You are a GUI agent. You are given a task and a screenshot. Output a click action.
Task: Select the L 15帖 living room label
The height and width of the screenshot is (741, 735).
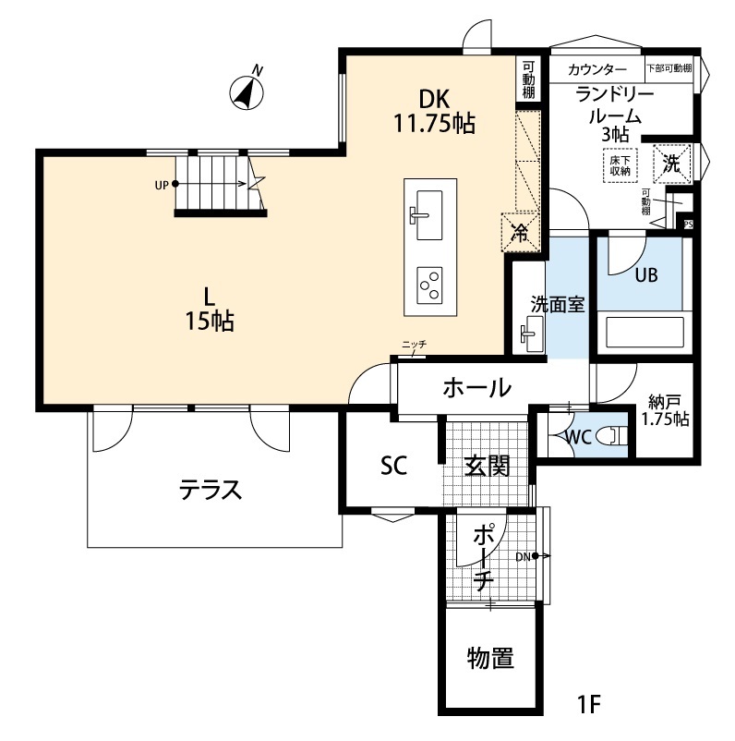point(210,309)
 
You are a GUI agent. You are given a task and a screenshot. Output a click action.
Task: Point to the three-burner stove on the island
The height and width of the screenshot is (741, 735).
point(428,285)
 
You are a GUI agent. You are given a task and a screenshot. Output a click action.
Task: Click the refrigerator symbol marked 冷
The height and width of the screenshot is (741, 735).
point(520,232)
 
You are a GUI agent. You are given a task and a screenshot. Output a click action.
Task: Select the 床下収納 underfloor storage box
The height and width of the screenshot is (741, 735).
point(619,164)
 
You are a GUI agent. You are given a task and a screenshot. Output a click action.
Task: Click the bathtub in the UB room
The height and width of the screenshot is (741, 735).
point(643,332)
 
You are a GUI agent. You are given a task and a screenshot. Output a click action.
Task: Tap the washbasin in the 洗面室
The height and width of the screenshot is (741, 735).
point(531,333)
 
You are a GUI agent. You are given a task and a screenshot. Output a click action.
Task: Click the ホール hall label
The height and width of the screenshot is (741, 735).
point(476,387)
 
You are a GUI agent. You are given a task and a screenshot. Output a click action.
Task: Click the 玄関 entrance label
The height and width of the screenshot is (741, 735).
point(487,466)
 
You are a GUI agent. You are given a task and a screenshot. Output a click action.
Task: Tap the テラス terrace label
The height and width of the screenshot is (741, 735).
point(211,489)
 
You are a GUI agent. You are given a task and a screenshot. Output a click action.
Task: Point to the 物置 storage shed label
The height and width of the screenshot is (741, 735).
point(489,659)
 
